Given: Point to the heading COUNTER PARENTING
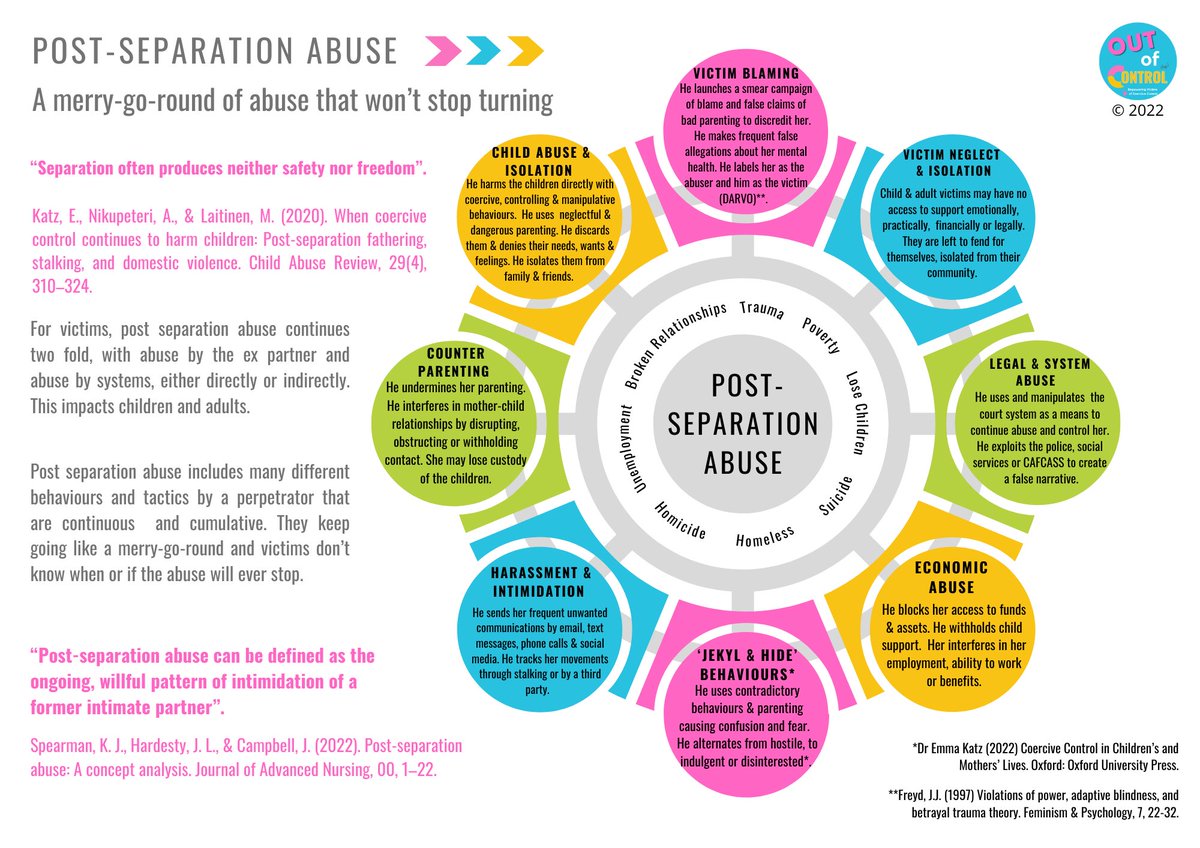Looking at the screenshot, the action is [455, 361].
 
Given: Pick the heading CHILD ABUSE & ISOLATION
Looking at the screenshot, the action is [540, 160].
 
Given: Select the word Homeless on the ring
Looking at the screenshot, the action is [765, 536].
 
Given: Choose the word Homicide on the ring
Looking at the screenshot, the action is [680, 522].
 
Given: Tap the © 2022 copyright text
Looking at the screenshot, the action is [1136, 116].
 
